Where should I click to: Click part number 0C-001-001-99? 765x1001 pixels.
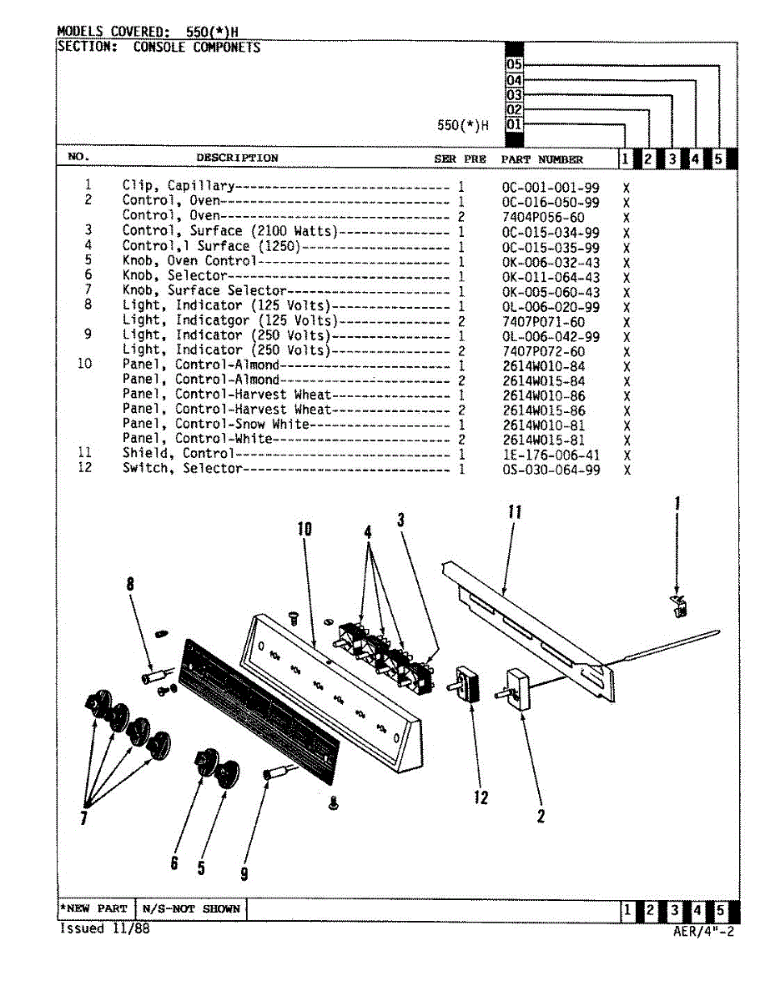(x=550, y=187)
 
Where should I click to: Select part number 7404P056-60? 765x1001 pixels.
(x=543, y=217)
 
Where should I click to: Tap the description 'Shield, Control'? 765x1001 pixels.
(x=178, y=454)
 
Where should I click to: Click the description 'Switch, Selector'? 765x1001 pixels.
(x=182, y=469)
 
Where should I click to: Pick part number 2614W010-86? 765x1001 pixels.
(x=543, y=395)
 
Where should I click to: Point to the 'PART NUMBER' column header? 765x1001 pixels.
(x=541, y=158)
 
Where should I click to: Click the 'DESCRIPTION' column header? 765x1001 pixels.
(x=237, y=158)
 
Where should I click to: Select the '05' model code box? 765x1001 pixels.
(x=514, y=64)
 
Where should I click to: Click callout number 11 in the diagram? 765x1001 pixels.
(x=515, y=511)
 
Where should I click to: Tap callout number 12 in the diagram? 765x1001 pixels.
(x=481, y=797)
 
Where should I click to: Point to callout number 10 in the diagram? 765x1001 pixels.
(x=304, y=529)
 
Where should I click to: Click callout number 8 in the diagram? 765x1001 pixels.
(x=130, y=585)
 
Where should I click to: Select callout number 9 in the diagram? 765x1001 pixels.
(x=244, y=873)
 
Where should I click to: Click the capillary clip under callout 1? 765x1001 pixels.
(x=679, y=606)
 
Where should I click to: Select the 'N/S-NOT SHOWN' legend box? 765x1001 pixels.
(x=191, y=908)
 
